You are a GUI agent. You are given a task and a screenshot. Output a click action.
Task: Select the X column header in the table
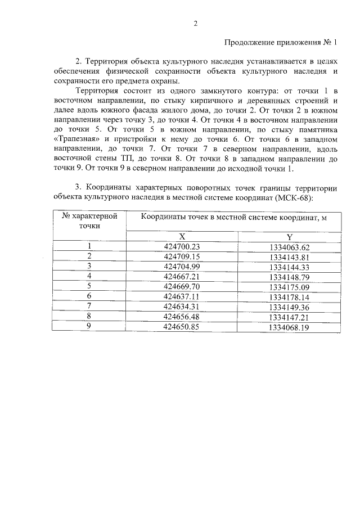coord(182,237)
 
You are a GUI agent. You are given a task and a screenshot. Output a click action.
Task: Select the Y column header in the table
coord(289,237)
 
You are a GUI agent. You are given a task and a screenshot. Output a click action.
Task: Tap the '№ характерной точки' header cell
coord(89,220)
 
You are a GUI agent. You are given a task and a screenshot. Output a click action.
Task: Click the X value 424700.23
coord(182,247)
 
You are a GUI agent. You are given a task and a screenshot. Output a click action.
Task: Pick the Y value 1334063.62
coord(289,247)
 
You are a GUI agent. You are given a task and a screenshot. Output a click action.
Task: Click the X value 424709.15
coord(182,257)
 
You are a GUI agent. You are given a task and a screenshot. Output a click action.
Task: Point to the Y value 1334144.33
coord(289,267)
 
